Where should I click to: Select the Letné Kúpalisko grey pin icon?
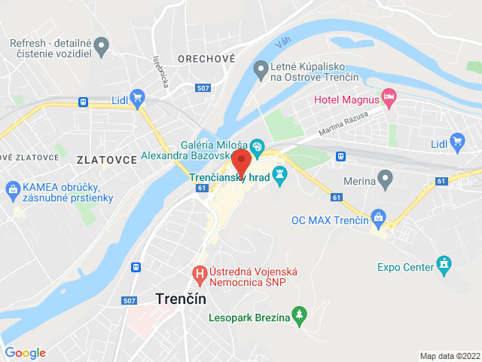pyautogui.click(x=261, y=69)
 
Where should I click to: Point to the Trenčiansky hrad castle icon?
pyautogui.click(x=280, y=177)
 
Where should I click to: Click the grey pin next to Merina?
pyautogui.click(x=386, y=180)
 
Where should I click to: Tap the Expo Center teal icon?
pyautogui.click(x=445, y=266)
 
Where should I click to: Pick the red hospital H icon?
pyautogui.click(x=200, y=272)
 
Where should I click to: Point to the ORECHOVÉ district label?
pyautogui.click(x=202, y=58)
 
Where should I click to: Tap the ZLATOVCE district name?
pyautogui.click(x=106, y=160)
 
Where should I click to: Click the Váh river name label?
pyautogui.click(x=282, y=44)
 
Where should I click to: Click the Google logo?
pyautogui.click(x=26, y=353)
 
